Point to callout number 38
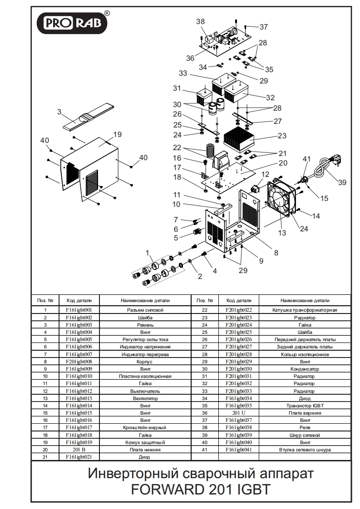200,22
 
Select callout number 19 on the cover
118,134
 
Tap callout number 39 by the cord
342,182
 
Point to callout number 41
307,159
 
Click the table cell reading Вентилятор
145,398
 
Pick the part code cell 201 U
238,413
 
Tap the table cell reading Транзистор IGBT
305,406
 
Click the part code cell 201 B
79,450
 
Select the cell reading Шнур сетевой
305,435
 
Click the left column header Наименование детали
145,300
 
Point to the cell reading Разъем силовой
145,310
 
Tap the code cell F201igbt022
238,310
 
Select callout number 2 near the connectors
199,276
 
